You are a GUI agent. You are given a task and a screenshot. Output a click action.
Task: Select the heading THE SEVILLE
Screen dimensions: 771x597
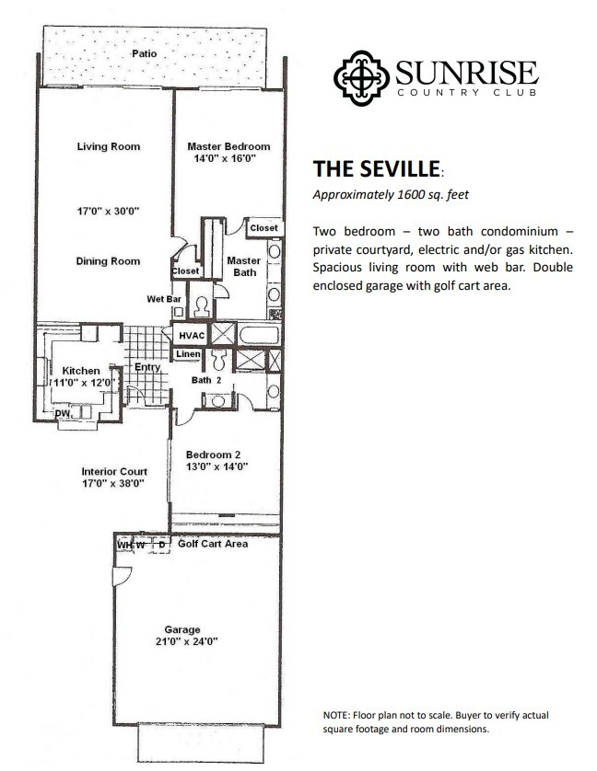[x=376, y=170]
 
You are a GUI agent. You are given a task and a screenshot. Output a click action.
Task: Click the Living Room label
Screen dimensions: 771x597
[x=109, y=146]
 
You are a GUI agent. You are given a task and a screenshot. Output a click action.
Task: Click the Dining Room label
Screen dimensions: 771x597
[x=109, y=261]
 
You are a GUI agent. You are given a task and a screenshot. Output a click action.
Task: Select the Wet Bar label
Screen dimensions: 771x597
[x=163, y=299]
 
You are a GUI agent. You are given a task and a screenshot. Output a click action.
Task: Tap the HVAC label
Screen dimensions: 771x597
[x=192, y=336]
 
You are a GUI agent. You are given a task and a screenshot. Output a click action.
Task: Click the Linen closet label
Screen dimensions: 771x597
[x=189, y=354]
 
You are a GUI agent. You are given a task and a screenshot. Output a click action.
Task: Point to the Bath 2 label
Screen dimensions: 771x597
[x=205, y=379]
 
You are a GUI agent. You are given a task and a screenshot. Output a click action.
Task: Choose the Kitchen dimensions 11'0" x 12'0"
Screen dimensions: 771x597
[x=80, y=383]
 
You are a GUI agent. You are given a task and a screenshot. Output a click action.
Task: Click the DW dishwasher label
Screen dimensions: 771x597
[x=63, y=414]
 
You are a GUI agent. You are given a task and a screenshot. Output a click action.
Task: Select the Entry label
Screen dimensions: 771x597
[x=147, y=367]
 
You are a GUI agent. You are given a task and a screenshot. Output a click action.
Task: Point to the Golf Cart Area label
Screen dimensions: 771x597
[x=213, y=544]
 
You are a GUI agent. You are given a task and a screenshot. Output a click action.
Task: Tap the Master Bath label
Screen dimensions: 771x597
[x=244, y=267]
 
